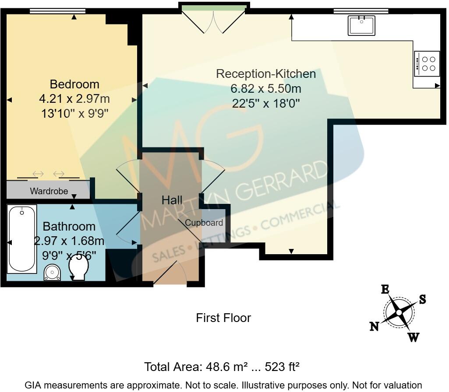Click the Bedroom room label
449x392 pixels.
[x=74, y=84]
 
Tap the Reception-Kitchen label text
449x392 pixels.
[x=265, y=73]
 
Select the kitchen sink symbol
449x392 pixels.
[x=361, y=25]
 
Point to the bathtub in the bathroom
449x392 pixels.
[x=22, y=239]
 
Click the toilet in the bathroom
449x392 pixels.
[x=78, y=267]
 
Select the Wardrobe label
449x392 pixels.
[x=49, y=191]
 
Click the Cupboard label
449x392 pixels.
[x=204, y=223]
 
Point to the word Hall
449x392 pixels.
[x=172, y=200]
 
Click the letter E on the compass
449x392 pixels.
[x=385, y=289]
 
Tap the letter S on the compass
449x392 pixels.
[x=422, y=299]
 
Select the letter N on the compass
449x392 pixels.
[x=374, y=326]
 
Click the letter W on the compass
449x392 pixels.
[x=413, y=337]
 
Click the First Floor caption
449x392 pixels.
[x=223, y=318]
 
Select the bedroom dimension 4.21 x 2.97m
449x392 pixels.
[x=74, y=98]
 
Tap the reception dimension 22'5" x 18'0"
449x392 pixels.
[x=265, y=104]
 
